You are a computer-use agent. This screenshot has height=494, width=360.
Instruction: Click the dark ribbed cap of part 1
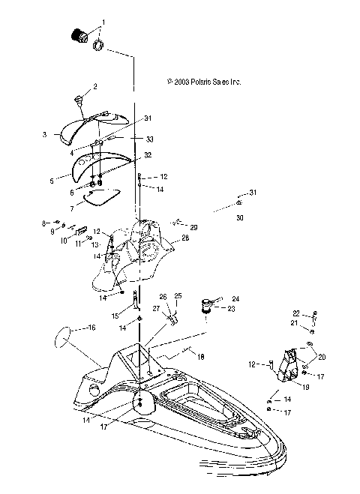tap(76, 35)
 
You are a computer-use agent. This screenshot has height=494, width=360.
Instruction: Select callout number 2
tap(94, 88)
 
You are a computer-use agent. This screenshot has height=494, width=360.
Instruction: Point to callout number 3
tap(46, 135)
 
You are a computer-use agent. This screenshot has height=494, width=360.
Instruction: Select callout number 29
tap(193, 227)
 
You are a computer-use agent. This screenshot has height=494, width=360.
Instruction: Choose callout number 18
tap(200, 358)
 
